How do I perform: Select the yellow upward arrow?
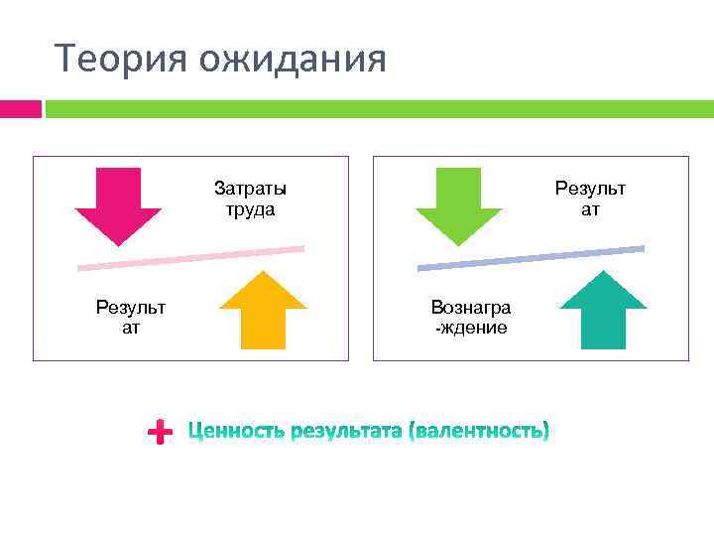[263, 312]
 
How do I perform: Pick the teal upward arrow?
[603, 312]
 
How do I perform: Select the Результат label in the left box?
[131, 318]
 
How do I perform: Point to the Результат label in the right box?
[590, 199]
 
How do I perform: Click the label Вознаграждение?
[471, 318]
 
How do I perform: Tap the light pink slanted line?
[190, 257]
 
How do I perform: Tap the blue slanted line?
[531, 257]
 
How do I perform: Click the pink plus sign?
[158, 432]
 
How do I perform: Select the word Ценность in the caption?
[237, 432]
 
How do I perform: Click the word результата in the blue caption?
[347, 432]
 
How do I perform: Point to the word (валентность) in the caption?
[479, 432]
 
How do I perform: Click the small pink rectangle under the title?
[20, 108]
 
